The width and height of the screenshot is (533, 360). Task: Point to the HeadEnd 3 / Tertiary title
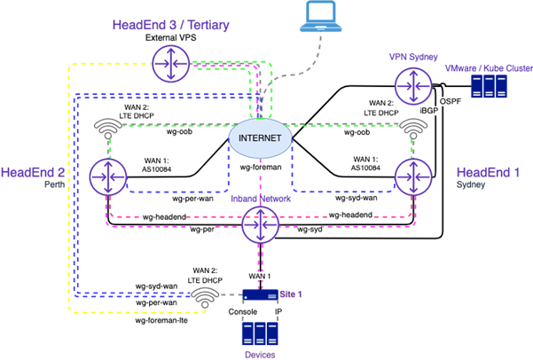(171, 24)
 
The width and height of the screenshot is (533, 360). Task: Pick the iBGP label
(428, 112)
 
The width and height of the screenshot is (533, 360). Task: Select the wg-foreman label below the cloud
(261, 166)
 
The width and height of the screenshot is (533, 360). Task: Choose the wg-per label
(201, 230)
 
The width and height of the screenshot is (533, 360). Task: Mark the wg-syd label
(310, 230)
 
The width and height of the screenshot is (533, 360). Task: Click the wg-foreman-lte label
(161, 320)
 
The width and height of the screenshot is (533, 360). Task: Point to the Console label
(244, 313)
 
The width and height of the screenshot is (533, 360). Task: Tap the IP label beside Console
(278, 313)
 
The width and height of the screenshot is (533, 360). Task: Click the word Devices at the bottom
(260, 354)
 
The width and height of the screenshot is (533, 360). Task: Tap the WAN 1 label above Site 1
(260, 278)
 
